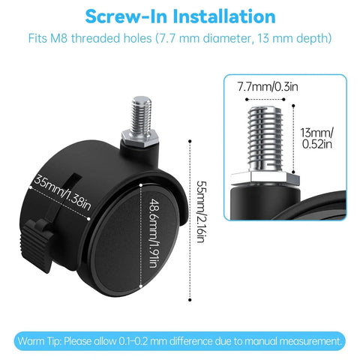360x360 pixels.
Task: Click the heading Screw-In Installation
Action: (180, 16)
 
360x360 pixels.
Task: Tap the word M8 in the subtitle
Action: (58, 38)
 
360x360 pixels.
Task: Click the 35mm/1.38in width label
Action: (62, 193)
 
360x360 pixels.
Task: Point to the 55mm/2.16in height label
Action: (202, 211)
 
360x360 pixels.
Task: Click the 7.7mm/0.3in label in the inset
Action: (268, 86)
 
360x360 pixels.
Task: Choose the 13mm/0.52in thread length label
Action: (316, 138)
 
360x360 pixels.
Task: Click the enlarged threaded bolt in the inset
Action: (265, 139)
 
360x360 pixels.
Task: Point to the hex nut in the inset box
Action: (265, 178)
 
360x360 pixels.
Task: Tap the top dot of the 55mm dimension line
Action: (190, 141)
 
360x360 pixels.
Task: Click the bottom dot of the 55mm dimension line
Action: (190, 300)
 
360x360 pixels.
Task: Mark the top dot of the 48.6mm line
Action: (141, 185)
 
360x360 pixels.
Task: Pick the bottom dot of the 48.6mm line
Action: (141, 286)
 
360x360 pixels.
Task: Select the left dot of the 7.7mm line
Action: (247, 99)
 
